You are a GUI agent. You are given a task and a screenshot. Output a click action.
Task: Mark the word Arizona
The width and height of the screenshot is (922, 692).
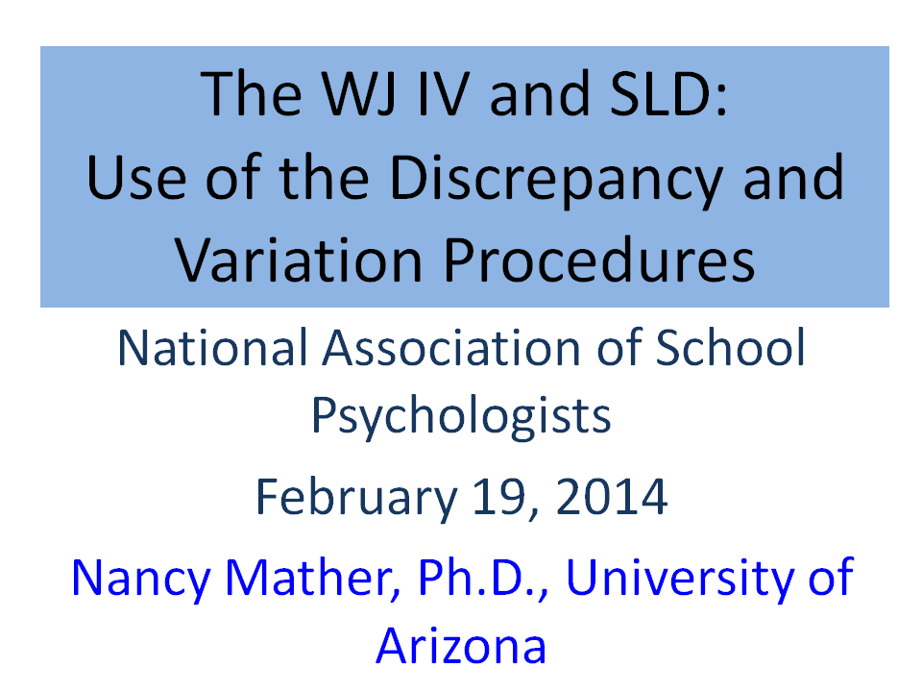tap(461, 646)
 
